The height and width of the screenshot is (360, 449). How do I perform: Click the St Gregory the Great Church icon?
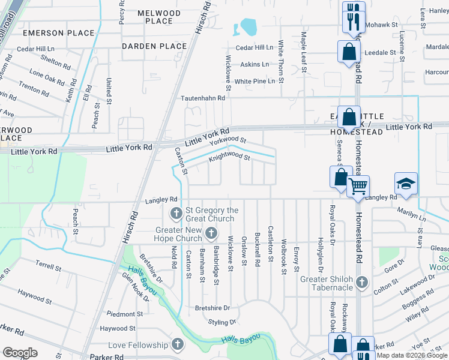pyautogui.click(x=176, y=213)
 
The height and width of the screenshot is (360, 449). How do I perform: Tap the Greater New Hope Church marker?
pyautogui.click(x=211, y=232)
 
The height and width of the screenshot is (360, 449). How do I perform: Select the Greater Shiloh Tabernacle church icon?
pyautogui.click(x=361, y=282)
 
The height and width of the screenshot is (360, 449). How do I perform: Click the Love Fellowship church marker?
pyautogui.click(x=177, y=344)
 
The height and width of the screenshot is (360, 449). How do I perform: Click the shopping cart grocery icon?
pyautogui.click(x=358, y=186)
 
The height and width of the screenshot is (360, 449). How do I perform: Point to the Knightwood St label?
pyautogui.click(x=229, y=158)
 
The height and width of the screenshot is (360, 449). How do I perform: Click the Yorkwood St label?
pyautogui.click(x=228, y=140)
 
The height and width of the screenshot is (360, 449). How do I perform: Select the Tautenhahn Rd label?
pyautogui.click(x=204, y=97)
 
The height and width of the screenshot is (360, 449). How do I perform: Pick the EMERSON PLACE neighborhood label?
pyautogui.click(x=50, y=33)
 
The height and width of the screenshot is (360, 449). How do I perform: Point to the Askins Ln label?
pyautogui.click(x=256, y=64)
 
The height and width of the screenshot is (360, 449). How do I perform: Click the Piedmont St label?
pyautogui.click(x=125, y=314)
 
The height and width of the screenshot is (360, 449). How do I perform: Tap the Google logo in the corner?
pyautogui.click(x=20, y=353)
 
